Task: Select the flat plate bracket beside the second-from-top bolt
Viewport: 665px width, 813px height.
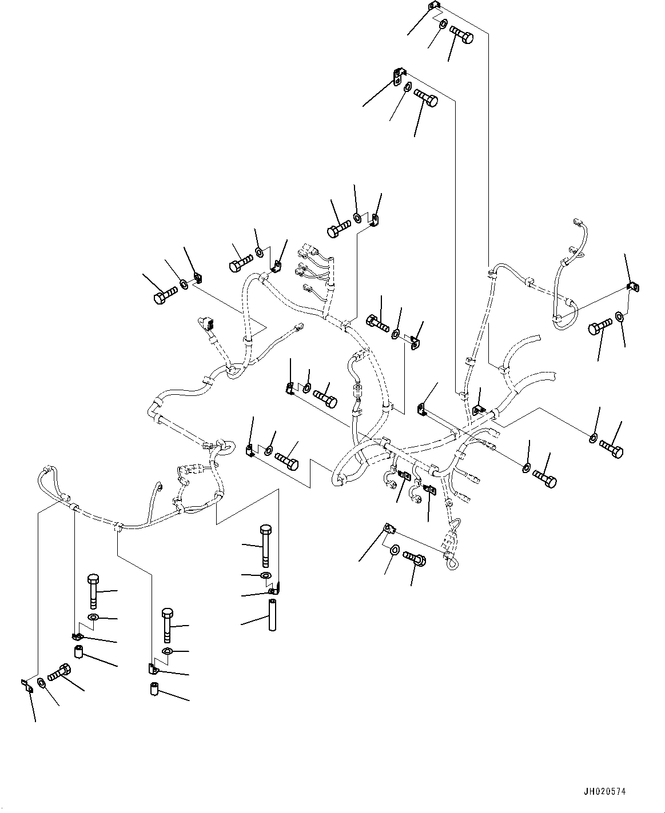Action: coord(399,75)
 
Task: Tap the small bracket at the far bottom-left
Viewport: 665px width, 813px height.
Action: coord(26,685)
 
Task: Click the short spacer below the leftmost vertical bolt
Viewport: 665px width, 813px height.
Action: coord(79,652)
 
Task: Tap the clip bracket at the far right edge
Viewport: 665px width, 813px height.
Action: coord(632,287)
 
